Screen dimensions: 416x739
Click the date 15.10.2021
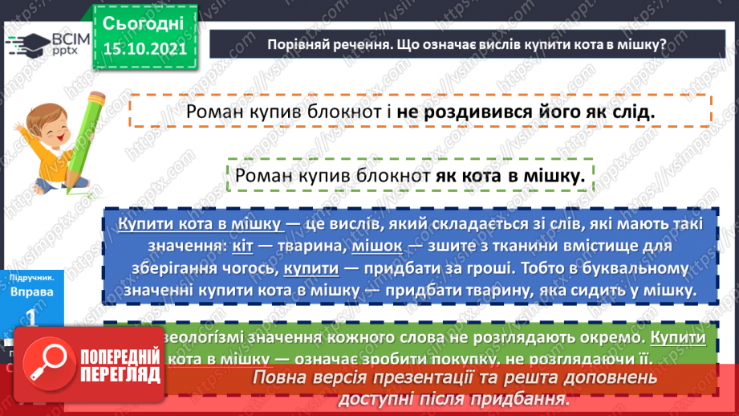click(x=144, y=47)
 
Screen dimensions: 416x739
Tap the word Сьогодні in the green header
click(x=144, y=21)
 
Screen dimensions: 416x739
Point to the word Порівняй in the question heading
click(x=302, y=44)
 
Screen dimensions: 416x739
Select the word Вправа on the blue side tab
click(x=32, y=292)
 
